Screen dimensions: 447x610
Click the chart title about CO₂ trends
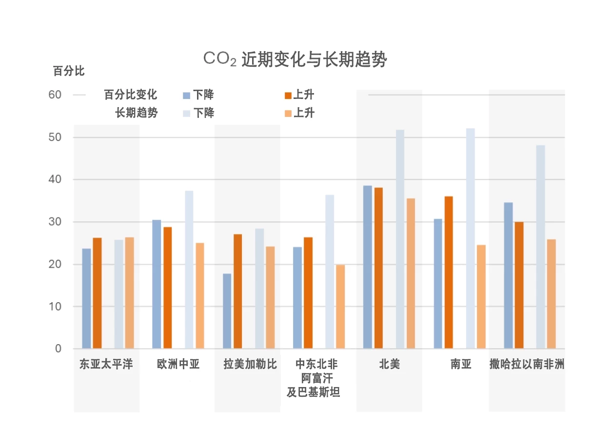point(295,59)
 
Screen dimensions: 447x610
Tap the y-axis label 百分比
point(69,71)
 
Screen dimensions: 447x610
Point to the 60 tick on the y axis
point(55,95)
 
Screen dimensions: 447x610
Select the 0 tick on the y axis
point(59,349)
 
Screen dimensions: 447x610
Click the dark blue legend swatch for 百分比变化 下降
point(186,95)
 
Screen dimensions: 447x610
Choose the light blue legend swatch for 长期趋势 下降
point(186,114)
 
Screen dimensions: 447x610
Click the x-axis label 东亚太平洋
point(106,365)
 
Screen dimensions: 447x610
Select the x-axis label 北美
point(389,365)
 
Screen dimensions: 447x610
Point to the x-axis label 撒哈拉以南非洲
point(527,365)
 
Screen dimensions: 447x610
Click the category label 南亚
point(461,365)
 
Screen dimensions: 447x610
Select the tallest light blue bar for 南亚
point(470,239)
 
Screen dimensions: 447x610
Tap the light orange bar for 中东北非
point(340,307)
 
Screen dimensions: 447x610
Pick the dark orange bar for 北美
point(379,268)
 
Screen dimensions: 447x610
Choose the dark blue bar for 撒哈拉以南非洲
point(508,275)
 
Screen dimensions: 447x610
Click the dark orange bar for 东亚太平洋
point(97,293)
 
